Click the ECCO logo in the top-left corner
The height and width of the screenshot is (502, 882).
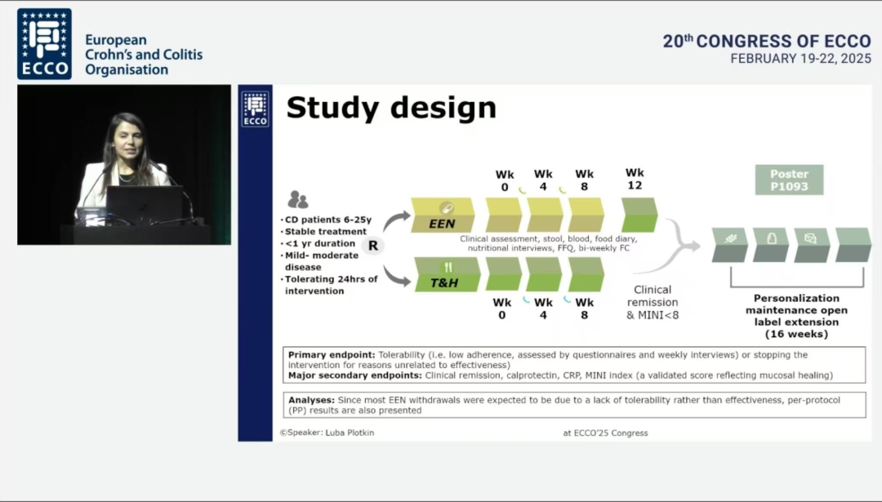tap(44, 44)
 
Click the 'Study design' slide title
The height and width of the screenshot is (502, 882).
tap(391, 108)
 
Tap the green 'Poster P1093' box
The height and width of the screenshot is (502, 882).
tap(789, 180)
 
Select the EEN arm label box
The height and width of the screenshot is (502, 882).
tap(443, 215)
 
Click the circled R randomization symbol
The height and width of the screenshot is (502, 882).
tap(373, 246)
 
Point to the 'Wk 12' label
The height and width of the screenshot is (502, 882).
tap(635, 180)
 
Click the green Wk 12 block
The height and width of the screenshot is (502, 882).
tap(639, 215)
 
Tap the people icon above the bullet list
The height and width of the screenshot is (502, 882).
tap(297, 199)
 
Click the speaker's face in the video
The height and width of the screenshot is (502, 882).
tap(127, 141)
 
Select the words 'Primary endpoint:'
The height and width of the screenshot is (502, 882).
tap(332, 355)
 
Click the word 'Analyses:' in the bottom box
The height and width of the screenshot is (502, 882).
tap(312, 400)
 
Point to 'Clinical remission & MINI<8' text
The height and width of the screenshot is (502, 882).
tap(653, 303)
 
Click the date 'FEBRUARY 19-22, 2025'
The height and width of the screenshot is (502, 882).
tap(800, 59)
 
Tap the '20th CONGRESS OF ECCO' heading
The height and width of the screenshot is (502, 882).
tap(767, 41)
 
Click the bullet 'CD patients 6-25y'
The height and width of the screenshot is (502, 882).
tap(328, 220)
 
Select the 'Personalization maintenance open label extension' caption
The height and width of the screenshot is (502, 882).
tap(796, 316)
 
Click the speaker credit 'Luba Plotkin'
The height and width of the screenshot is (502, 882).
tap(350, 433)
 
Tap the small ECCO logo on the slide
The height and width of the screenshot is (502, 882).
tap(256, 109)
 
